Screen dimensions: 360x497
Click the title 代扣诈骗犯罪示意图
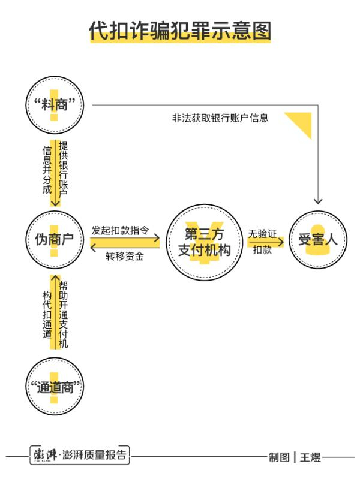click(180, 31)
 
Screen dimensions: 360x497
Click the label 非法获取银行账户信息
click(220, 118)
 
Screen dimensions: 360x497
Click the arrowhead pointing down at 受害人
click(318, 201)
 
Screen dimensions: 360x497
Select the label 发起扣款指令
click(120, 230)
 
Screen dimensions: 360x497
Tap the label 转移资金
click(125, 256)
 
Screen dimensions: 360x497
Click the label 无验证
click(262, 234)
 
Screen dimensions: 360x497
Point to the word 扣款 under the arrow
click(262, 250)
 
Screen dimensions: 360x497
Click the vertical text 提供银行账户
click(63, 170)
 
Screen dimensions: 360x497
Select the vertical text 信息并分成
click(47, 170)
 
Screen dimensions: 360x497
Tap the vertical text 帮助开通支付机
click(63, 314)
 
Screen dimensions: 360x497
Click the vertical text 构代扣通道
click(47, 314)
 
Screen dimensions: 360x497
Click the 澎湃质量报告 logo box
click(80, 455)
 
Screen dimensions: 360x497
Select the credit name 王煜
click(311, 457)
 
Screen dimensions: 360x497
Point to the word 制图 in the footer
click(280, 457)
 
